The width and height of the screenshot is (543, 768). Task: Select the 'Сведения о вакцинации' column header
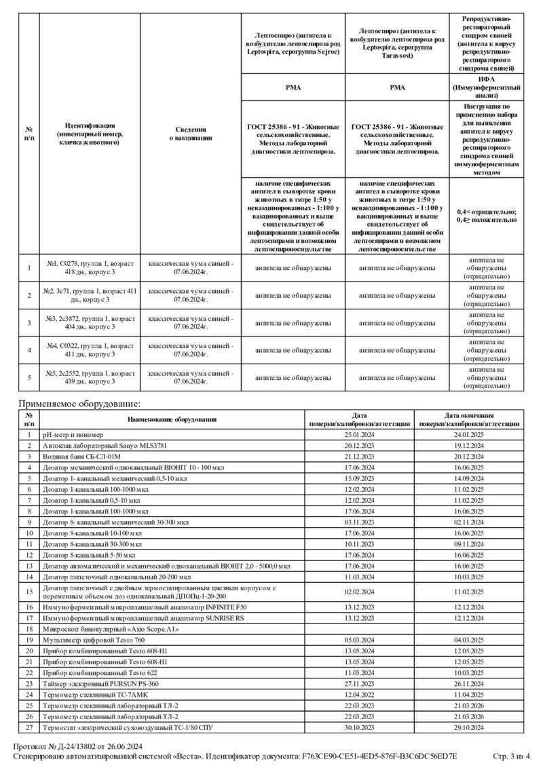(191, 133)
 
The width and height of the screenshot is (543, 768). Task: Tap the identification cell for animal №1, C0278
(90, 268)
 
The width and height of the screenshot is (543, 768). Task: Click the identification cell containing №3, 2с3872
(90, 322)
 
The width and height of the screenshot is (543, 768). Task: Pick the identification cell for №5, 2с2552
(90, 377)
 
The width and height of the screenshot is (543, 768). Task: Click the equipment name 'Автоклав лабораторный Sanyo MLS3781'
(105, 446)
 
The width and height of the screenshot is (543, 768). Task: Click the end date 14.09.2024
(469, 478)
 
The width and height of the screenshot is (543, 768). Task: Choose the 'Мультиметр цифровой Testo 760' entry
(94, 640)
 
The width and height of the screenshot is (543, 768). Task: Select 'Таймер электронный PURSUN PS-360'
(100, 683)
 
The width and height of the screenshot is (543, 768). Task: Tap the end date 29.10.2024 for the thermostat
(469, 727)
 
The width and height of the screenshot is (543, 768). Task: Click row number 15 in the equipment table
(29, 592)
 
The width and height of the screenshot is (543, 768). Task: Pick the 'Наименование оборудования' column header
(173, 419)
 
